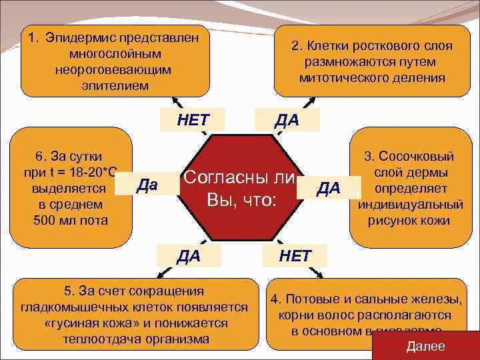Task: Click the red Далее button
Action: coord(425,345)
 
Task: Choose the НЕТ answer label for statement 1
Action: coord(193,120)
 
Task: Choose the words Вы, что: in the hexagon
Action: coord(241,199)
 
